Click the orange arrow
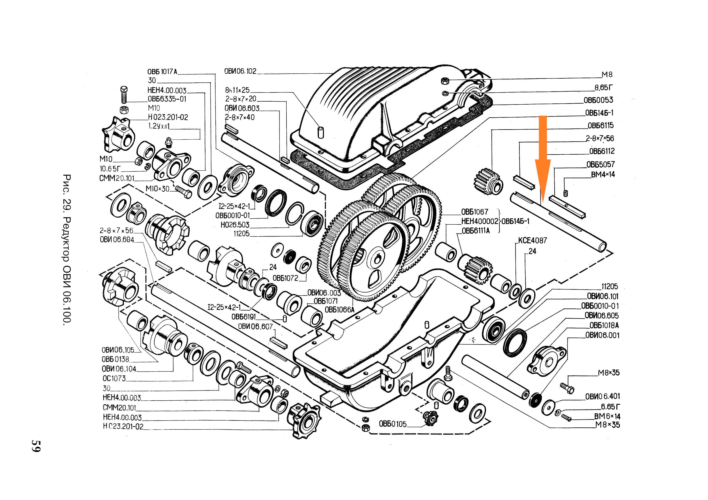pos(543,160)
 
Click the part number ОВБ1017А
pos(162,72)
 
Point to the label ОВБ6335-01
pos(167,99)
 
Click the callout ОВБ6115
pos(600,126)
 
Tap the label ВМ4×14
pos(602,174)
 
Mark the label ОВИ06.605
pos(602,316)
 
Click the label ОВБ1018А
pos(604,325)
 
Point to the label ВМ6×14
pos(607,416)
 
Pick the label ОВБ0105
pos(393,424)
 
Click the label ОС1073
pos(114,378)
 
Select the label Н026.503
pos(235,225)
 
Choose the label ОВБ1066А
pos(339,310)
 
